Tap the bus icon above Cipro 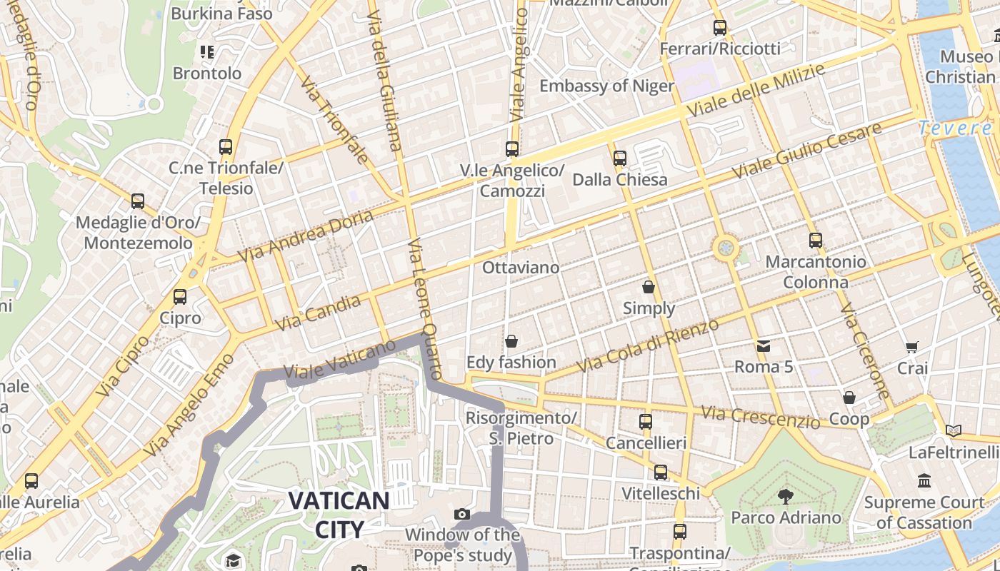[180, 296]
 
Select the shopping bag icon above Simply [649, 287]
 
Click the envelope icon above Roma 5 [764, 346]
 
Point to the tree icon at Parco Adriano [786, 496]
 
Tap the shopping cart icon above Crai [912, 348]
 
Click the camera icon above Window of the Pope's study [462, 514]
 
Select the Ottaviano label [521, 268]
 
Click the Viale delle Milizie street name [756, 91]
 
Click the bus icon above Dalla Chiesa [620, 158]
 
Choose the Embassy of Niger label [606, 86]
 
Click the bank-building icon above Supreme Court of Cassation [924, 480]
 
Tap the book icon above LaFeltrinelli [953, 430]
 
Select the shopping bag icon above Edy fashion [511, 341]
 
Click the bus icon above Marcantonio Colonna [816, 241]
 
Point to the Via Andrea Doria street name [306, 236]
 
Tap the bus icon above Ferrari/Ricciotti [720, 28]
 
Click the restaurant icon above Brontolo [207, 51]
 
